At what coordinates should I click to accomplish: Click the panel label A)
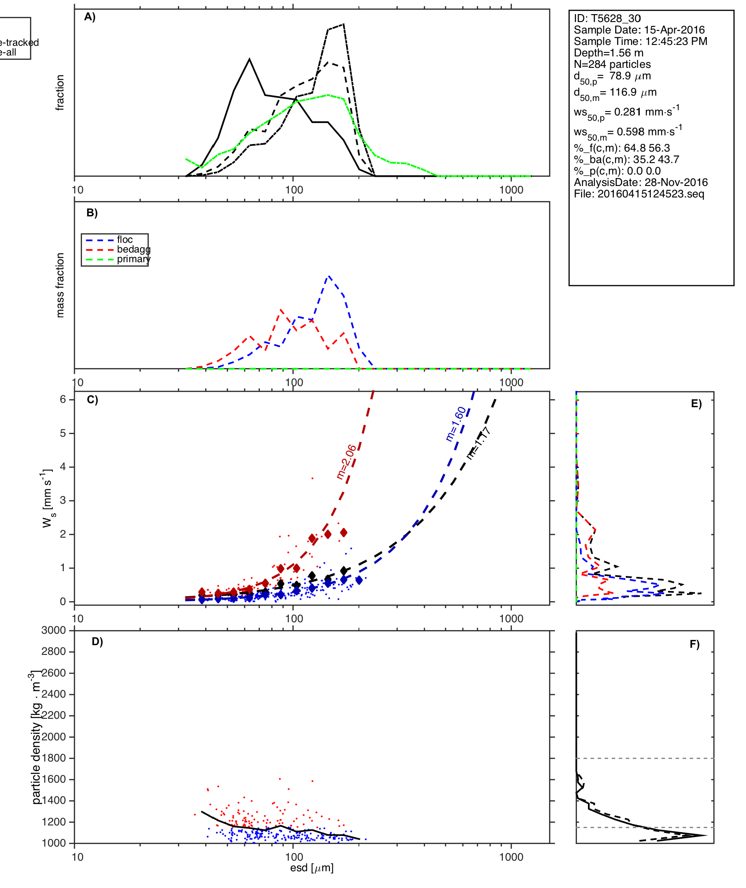tap(90, 17)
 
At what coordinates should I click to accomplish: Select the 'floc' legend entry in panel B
tap(125, 240)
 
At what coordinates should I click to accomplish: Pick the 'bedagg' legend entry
tap(133, 249)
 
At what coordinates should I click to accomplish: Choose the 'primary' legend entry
tap(133, 259)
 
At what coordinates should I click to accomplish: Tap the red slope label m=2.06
tap(346, 461)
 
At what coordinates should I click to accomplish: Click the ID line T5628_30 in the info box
tap(607, 19)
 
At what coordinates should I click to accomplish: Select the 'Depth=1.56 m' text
tap(608, 53)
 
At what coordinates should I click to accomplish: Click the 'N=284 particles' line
tap(612, 64)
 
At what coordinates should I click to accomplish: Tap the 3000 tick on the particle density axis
tap(53, 630)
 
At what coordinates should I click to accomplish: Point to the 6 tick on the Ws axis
tap(63, 399)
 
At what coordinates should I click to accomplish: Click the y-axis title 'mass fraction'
tap(60, 285)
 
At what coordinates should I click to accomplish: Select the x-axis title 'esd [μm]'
tap(312, 868)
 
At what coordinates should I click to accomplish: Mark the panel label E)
tap(696, 404)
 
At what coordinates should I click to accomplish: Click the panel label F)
tap(694, 644)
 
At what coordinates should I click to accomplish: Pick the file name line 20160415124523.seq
tap(639, 194)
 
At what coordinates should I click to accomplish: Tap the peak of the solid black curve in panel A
tap(250, 59)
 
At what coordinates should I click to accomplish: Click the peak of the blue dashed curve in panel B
tap(328, 276)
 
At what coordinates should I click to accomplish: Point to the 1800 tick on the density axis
tap(53, 758)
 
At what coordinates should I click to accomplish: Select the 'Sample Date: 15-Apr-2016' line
tap(639, 30)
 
